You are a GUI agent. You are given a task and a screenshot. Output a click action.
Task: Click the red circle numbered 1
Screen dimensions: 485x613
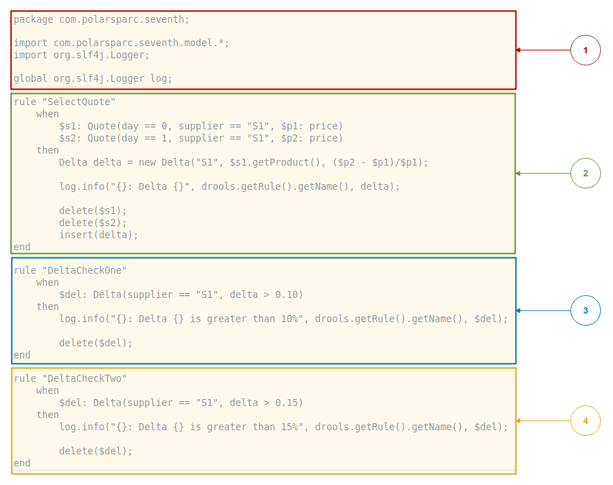coord(585,50)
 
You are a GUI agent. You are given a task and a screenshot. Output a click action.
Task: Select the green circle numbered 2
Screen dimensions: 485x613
coord(585,174)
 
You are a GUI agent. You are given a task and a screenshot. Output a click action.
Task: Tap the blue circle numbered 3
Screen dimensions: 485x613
coord(585,311)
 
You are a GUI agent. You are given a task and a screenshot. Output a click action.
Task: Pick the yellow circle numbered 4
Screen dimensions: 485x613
coord(585,421)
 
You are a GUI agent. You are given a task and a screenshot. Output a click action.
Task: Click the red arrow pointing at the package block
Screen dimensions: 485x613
coord(543,50)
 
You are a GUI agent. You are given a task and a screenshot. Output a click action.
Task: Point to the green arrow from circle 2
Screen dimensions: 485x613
coord(543,174)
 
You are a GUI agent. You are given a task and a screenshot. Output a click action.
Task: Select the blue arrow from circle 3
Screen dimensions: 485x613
coord(543,311)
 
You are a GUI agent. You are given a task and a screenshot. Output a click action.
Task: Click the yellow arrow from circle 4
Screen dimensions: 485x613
coord(543,421)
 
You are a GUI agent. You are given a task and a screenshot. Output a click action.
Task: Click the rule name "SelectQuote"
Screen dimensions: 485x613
coord(79,102)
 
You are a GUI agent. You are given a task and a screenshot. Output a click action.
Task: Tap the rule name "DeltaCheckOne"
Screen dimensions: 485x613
coord(85,270)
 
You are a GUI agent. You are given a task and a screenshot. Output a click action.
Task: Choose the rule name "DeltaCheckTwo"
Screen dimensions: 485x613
coord(85,378)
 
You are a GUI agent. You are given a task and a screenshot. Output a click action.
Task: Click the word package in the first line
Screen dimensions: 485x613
coord(33,19)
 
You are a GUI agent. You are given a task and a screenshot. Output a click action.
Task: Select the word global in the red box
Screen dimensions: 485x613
coord(31,78)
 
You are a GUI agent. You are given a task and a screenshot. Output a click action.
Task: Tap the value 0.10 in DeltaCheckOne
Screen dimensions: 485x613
coord(289,294)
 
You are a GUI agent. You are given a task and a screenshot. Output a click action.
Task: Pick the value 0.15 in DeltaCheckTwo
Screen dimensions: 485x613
coord(289,403)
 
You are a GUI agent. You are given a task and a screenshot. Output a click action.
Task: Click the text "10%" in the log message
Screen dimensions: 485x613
coord(289,319)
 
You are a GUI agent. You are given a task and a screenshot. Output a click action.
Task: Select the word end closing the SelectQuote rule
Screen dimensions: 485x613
coord(22,247)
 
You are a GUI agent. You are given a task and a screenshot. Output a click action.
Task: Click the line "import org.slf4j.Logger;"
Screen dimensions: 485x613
coord(82,55)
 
